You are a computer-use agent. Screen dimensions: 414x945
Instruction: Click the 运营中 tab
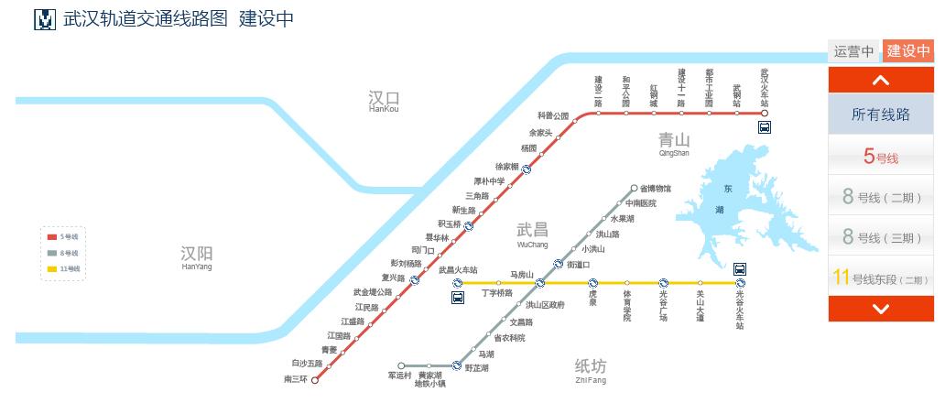coord(853,51)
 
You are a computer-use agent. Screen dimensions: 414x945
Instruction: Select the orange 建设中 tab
coord(908,51)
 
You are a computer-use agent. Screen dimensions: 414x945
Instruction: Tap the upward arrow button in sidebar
coord(881,81)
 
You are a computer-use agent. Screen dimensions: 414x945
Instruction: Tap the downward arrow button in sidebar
coord(881,309)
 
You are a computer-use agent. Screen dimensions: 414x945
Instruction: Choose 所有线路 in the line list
coord(881,114)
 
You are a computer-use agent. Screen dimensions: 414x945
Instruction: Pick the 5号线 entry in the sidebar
coord(881,157)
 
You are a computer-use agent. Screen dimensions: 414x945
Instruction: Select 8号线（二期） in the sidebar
coord(881,196)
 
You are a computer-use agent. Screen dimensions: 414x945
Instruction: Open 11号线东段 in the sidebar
coord(881,278)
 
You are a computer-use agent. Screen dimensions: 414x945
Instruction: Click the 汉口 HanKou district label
coord(384,100)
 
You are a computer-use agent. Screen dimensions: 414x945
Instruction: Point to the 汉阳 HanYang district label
coord(197,256)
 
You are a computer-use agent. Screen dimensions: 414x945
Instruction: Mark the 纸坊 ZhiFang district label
coord(591,369)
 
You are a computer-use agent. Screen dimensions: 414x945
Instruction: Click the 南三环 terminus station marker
coord(315,381)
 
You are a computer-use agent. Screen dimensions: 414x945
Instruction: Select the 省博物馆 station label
coord(656,188)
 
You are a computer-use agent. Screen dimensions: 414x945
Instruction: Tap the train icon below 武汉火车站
coord(764,128)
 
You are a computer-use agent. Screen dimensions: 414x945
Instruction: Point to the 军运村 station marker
coord(401,365)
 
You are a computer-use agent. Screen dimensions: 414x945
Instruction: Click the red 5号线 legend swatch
coord(52,237)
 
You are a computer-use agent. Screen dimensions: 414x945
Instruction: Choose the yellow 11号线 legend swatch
coord(52,268)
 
